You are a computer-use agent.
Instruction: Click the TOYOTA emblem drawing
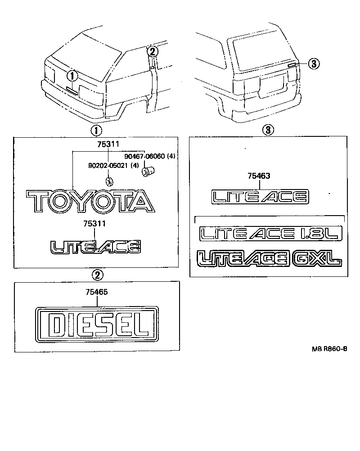point(90,201)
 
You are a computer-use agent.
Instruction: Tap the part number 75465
point(97,293)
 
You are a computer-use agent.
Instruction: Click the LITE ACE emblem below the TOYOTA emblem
point(95,246)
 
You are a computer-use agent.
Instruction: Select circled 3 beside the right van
point(314,64)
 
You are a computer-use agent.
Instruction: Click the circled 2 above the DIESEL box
point(97,274)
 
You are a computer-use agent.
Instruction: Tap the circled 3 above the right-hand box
point(267,130)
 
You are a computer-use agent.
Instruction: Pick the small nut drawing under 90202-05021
point(109,181)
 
